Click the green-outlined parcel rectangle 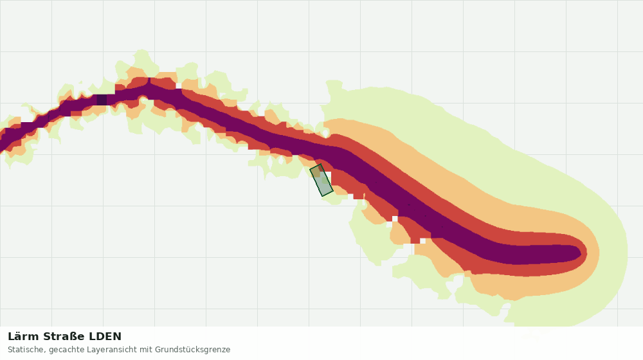321,180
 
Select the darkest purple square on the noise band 102,100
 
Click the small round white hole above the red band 326,133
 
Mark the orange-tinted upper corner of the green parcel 317,170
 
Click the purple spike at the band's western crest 149,81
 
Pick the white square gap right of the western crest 179,85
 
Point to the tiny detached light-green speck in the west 80,82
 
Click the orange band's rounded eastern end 597,253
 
